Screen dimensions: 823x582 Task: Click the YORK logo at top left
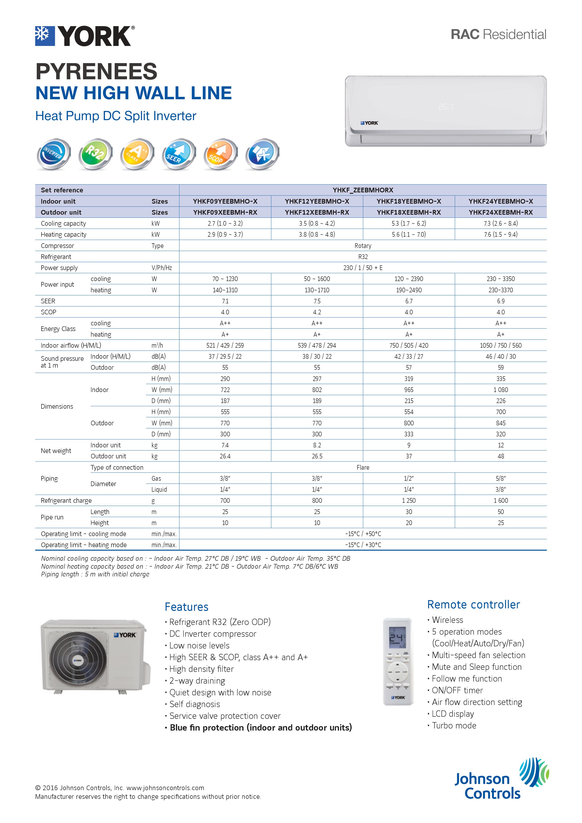[85, 36]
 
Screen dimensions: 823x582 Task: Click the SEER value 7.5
[317, 301]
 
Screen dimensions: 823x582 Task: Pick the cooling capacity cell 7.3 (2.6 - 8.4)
[500, 223]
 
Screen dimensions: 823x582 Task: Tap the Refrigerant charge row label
[66, 500]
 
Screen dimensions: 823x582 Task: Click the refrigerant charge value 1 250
[409, 500]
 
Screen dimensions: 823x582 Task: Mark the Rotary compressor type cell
[363, 246]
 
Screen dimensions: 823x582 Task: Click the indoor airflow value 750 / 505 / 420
[409, 345]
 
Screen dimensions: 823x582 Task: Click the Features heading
[186, 607]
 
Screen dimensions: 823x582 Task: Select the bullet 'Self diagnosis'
[195, 704]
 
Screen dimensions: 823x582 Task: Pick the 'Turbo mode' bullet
[454, 725]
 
